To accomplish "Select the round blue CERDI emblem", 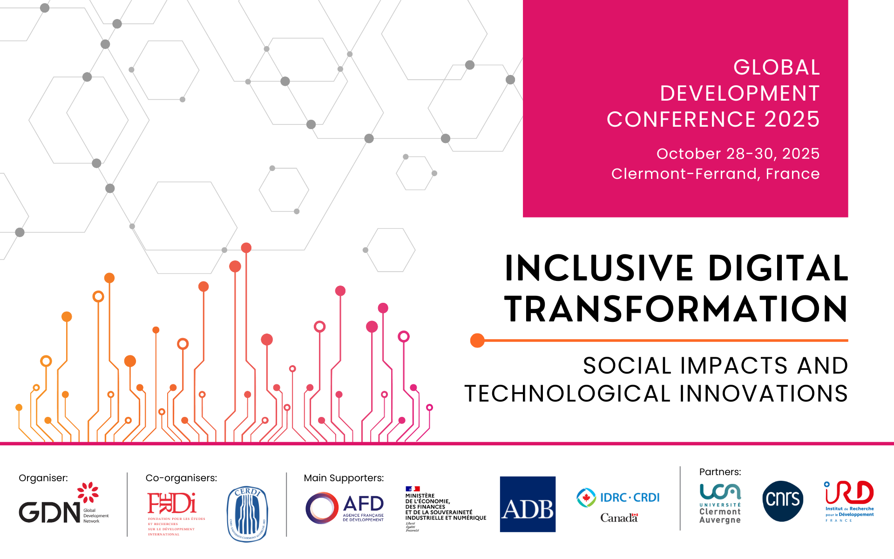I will coord(247,514).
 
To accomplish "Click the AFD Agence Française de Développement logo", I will coord(345,508).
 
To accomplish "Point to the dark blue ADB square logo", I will coord(528,504).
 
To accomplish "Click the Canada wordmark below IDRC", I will coord(619,518).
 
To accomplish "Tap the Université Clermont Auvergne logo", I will coord(720,503).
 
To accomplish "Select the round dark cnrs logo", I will coord(783,501).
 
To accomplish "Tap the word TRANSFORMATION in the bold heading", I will coord(676,309).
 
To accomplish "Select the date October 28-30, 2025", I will coord(738,154).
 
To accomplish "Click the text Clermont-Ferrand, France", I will coord(715,174).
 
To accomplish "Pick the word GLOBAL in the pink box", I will coord(776,68).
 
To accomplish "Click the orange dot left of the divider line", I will coord(477,341).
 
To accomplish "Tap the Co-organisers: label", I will coord(181,478).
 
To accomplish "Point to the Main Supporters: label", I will coord(344,478).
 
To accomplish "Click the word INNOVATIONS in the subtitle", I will coord(763,394).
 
